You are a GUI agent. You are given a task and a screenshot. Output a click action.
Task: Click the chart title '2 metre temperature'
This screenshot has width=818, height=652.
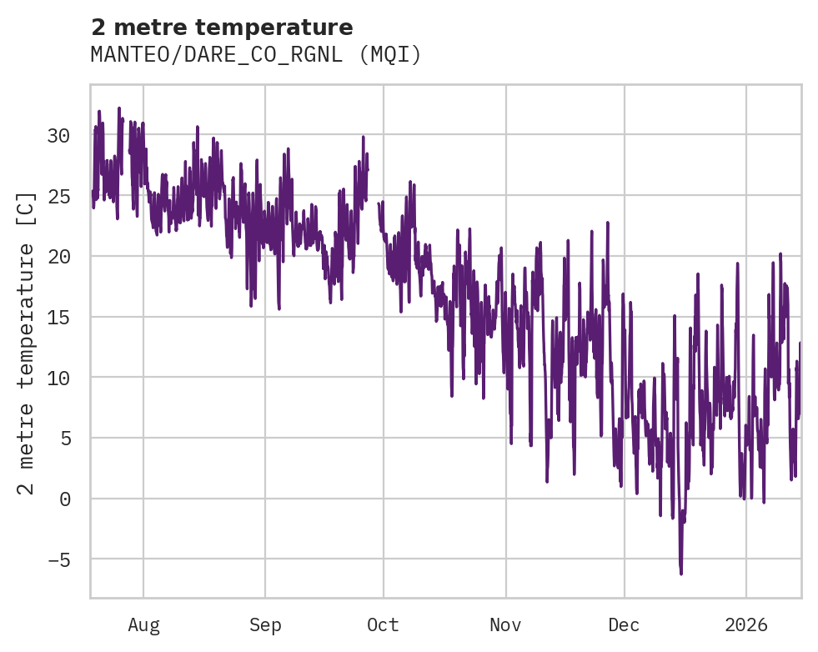coord(222,28)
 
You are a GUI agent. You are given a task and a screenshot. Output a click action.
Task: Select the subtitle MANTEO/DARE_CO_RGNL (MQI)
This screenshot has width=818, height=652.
coord(256,55)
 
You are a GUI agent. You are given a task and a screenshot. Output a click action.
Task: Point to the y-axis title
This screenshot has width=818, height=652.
coord(27,342)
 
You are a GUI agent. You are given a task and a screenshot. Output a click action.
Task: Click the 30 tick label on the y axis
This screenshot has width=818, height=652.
coord(59,135)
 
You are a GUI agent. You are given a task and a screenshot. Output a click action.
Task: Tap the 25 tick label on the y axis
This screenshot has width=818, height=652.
coord(59,196)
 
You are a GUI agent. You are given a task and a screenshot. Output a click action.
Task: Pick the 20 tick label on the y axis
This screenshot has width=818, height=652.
coord(59,257)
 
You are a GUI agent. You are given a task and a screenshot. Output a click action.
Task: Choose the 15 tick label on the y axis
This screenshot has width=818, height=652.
coord(59,317)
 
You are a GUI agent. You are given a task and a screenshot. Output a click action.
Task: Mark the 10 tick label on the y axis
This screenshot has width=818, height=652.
coord(59,378)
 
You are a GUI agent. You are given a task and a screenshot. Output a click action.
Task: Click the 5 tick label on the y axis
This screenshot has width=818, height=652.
coord(65,439)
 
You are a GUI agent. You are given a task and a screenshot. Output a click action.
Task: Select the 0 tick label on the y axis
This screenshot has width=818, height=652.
coord(65,499)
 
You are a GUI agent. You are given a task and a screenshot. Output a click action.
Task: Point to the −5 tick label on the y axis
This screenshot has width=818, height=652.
coord(59,559)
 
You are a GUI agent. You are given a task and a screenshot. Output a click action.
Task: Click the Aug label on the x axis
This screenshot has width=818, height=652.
coord(143,625)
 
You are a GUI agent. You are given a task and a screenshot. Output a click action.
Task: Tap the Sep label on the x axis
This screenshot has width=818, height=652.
coord(265,625)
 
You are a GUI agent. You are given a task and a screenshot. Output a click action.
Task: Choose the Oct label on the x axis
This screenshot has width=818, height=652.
coord(383,625)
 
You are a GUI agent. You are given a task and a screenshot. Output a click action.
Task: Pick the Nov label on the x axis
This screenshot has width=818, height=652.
coord(505,625)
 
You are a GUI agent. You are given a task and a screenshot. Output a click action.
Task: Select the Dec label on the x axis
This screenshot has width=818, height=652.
coord(624,625)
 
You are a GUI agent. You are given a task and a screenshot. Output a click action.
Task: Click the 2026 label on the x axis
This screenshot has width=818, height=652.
coord(745,625)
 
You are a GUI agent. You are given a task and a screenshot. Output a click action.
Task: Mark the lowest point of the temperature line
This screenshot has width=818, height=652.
coord(680,574)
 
